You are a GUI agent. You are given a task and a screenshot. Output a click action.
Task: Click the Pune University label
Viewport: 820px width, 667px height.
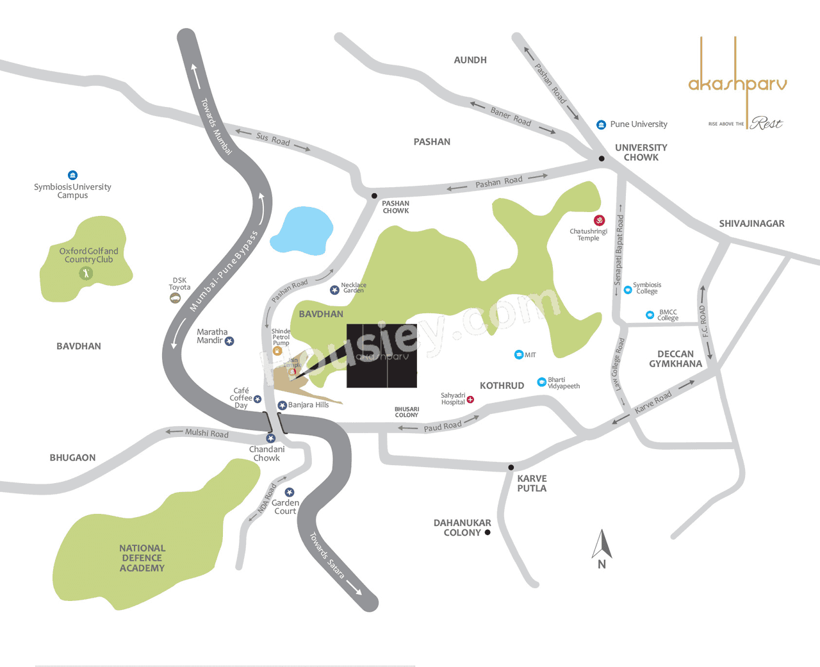pos(638,124)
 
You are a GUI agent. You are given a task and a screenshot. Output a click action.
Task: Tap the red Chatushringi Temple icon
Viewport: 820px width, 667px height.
pos(600,220)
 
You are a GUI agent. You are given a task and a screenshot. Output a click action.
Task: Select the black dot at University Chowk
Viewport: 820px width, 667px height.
pos(602,158)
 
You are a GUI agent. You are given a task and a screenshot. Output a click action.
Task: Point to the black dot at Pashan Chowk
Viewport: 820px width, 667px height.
pos(375,196)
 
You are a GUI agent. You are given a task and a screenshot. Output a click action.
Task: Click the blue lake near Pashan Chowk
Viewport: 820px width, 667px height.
pos(302,231)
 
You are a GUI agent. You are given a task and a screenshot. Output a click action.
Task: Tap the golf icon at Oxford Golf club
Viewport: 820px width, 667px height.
pos(86,274)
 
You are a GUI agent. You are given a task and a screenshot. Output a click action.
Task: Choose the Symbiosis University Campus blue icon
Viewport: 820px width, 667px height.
pos(72,175)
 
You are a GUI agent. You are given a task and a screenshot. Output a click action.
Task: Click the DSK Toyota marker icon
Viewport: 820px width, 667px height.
pos(175,298)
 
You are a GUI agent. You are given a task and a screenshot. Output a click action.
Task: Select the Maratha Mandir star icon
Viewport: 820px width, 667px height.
pos(229,342)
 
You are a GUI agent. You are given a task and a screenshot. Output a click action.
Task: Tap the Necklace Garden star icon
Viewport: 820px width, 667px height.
pos(334,290)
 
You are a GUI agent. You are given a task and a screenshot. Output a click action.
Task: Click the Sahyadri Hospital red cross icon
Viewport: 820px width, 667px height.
pos(470,399)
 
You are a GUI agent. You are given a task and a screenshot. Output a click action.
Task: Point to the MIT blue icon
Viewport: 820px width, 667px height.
pos(519,354)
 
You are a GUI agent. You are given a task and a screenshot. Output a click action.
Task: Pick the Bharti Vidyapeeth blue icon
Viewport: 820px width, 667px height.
pos(541,383)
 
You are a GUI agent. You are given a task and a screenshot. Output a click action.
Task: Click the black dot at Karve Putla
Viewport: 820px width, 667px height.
pos(511,467)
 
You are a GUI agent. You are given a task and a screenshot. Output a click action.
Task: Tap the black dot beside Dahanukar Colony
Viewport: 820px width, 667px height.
pos(488,532)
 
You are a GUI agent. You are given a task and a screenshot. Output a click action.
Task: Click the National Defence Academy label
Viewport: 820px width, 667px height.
pos(142,558)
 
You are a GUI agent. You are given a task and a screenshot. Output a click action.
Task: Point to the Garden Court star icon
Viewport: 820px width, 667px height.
pos(290,493)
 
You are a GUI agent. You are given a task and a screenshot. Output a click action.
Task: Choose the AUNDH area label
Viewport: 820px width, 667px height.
pos(470,60)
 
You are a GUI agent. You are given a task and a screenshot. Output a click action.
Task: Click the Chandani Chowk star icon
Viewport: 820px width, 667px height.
pos(271,438)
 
